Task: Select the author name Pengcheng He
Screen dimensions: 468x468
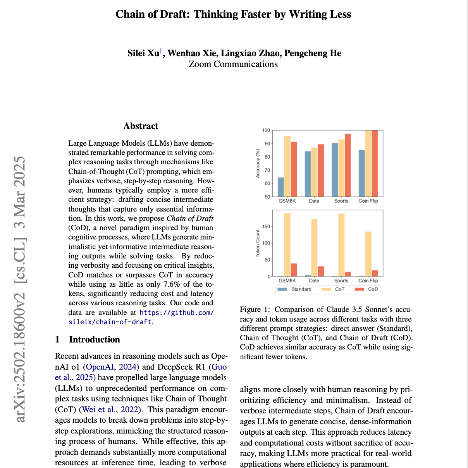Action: point(313,53)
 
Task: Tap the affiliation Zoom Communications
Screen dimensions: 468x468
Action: point(233,64)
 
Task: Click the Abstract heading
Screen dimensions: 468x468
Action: point(141,126)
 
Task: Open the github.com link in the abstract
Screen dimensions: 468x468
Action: point(176,313)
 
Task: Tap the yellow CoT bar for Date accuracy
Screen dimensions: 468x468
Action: point(314,172)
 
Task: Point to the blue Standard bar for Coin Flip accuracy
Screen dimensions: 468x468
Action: point(362,173)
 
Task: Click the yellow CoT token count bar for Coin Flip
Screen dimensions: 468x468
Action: point(368,254)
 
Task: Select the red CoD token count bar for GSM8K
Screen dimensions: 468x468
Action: point(294,270)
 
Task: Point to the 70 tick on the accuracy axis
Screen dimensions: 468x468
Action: point(267,170)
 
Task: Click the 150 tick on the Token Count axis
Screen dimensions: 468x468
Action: point(266,227)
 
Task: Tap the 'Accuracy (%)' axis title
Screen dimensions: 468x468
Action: point(258,163)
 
